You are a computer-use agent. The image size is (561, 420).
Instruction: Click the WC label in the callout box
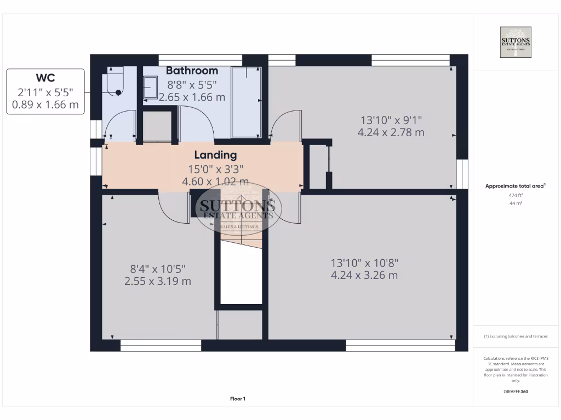(45, 78)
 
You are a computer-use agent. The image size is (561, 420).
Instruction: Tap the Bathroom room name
(192, 71)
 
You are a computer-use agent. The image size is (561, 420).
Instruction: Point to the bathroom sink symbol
(150, 86)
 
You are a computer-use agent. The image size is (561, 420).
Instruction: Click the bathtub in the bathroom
(245, 102)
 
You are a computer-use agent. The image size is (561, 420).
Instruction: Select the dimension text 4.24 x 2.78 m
(391, 132)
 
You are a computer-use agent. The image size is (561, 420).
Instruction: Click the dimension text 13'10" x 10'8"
(364, 262)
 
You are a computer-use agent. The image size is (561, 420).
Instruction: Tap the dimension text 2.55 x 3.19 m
(158, 281)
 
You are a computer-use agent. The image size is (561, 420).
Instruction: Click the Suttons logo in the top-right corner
(515, 42)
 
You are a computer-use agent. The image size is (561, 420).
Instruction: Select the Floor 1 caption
(238, 399)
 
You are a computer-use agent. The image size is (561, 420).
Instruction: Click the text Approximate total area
(514, 186)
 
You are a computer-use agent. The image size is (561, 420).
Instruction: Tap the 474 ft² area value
(515, 195)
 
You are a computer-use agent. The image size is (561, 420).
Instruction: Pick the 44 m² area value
(515, 203)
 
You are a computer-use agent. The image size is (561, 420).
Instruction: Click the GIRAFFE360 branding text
(515, 392)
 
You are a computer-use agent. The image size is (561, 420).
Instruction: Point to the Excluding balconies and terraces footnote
(515, 336)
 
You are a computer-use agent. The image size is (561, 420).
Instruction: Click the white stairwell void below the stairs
(241, 273)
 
